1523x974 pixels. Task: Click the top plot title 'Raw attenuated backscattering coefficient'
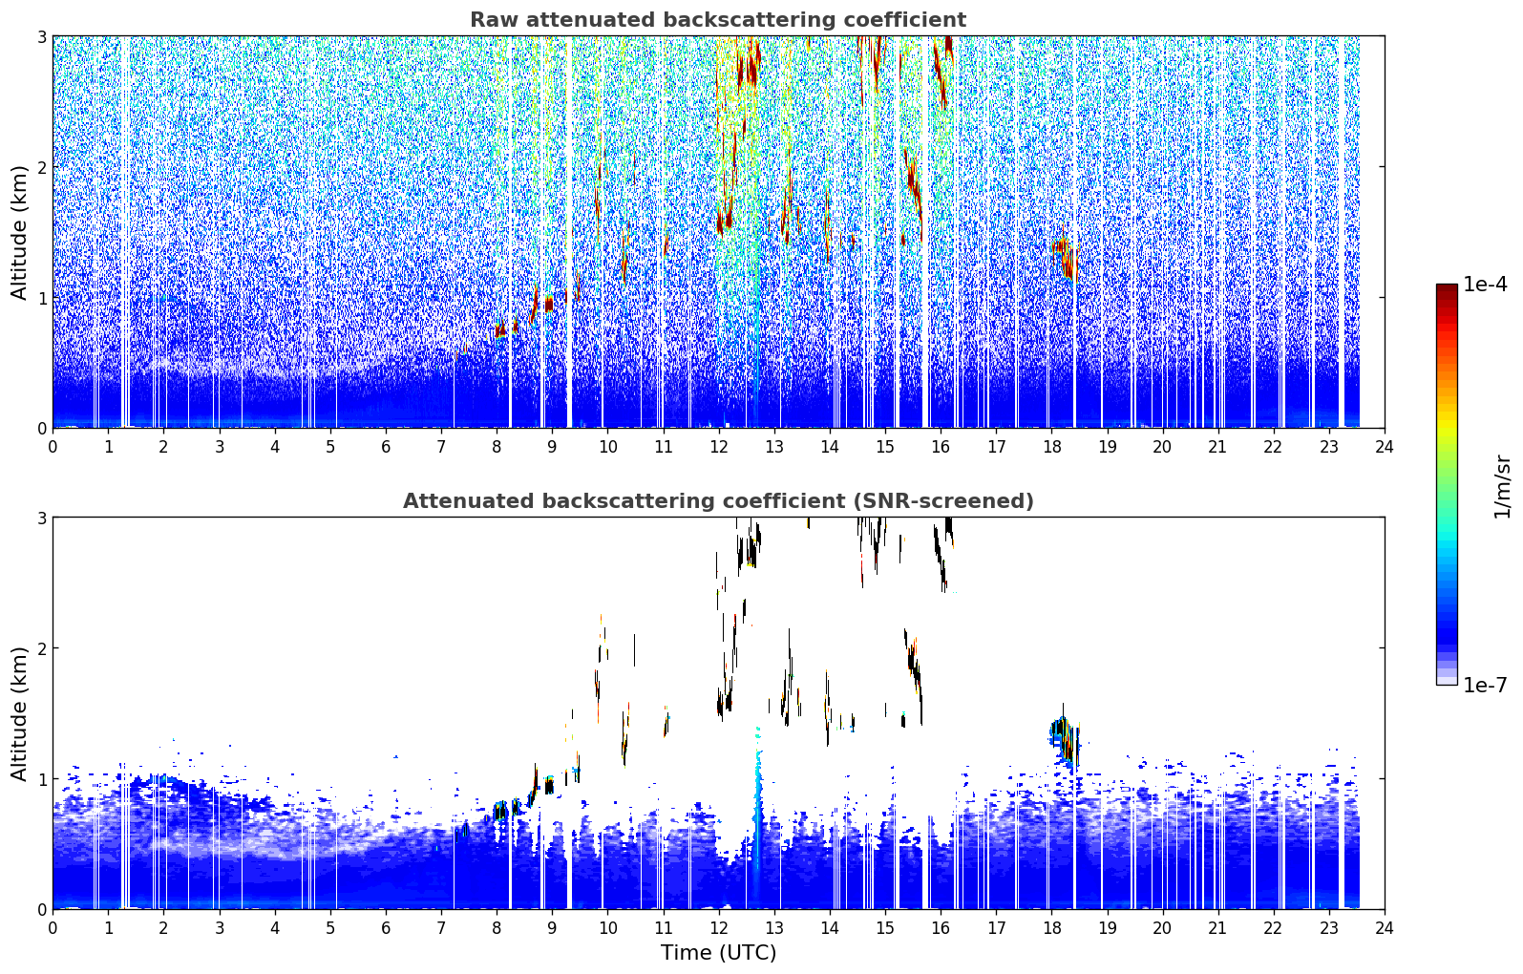pyautogui.click(x=718, y=20)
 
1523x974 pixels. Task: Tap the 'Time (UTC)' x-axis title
pyautogui.click(x=718, y=952)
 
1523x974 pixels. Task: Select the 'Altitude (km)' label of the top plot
pyautogui.click(x=19, y=232)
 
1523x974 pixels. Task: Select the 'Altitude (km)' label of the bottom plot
pyautogui.click(x=19, y=713)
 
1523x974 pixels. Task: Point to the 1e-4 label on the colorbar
pyautogui.click(x=1485, y=285)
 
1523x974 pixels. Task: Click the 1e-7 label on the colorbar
pyautogui.click(x=1485, y=685)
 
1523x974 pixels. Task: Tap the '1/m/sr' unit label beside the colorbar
pyautogui.click(x=1502, y=487)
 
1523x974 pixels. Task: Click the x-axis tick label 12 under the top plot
pyautogui.click(x=719, y=447)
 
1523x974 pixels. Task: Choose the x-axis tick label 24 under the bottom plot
pyautogui.click(x=1385, y=928)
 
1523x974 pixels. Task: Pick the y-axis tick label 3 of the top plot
pyautogui.click(x=41, y=36)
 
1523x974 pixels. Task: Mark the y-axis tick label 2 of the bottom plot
pyautogui.click(x=41, y=648)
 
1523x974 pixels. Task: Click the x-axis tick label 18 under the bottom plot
pyautogui.click(x=1052, y=928)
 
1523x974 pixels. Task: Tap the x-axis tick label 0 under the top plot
pyautogui.click(x=53, y=447)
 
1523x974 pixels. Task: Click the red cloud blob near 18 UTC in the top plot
pyautogui.click(x=1066, y=257)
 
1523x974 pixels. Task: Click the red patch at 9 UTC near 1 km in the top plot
pyautogui.click(x=549, y=304)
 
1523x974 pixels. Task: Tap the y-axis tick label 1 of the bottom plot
pyautogui.click(x=41, y=779)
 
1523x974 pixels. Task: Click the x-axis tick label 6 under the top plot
pyautogui.click(x=386, y=447)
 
